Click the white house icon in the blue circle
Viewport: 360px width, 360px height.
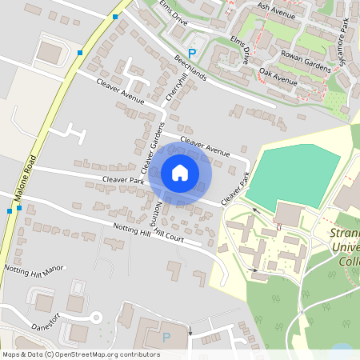click(180, 173)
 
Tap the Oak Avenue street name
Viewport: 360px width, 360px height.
click(278, 78)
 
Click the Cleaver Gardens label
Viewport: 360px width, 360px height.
click(152, 149)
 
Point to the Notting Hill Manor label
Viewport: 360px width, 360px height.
click(33, 270)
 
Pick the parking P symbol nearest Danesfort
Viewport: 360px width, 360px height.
click(166, 337)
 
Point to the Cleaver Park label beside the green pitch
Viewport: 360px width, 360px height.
click(236, 186)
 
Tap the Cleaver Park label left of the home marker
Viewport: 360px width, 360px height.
click(122, 181)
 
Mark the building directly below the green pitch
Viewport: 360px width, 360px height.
click(289, 214)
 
